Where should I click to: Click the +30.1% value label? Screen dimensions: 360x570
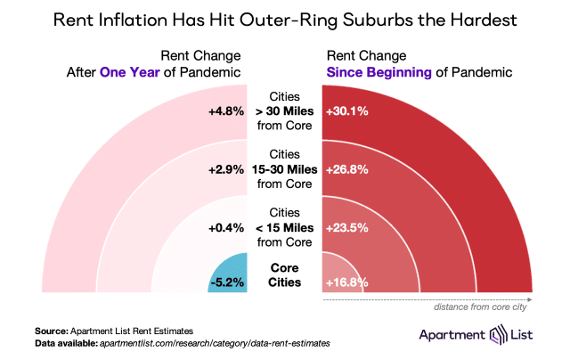348,112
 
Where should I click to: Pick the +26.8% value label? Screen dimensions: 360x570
348,168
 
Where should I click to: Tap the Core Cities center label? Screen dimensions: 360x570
286,275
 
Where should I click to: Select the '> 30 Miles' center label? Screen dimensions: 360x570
286,112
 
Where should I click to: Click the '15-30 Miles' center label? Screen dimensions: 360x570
286,168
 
